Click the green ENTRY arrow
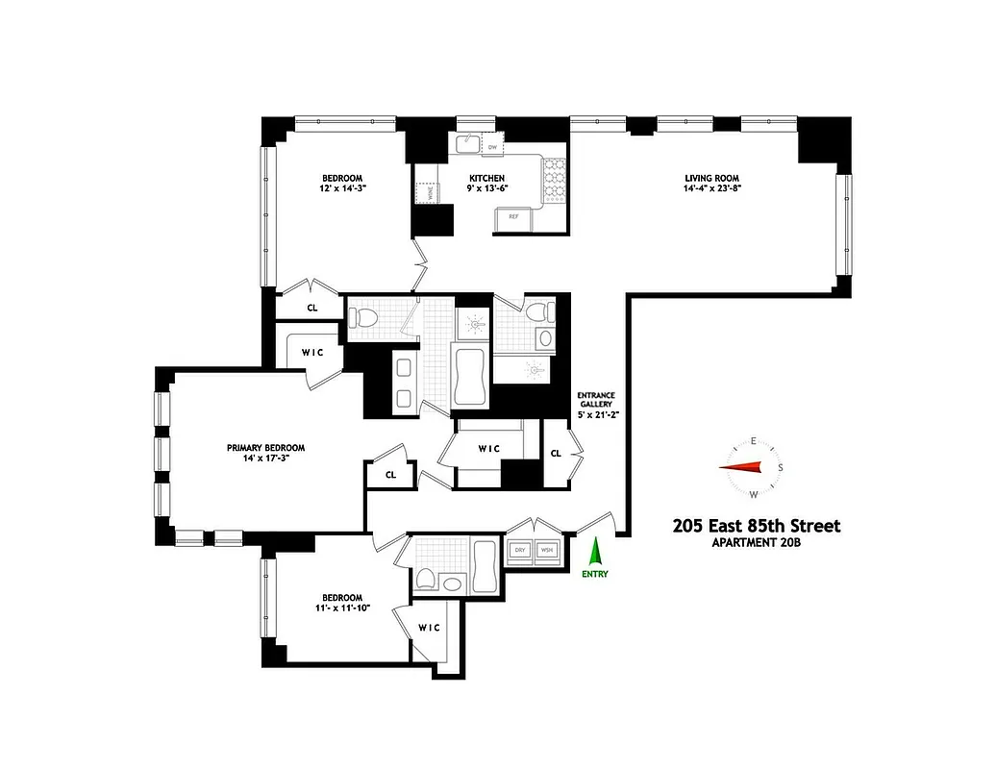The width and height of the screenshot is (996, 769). click(595, 552)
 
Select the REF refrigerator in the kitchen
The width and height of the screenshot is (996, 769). click(513, 218)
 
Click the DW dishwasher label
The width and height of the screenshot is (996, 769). click(492, 147)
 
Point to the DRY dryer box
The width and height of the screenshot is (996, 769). click(520, 551)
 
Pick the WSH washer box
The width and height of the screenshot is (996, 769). click(547, 551)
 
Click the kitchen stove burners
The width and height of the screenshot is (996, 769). click(557, 181)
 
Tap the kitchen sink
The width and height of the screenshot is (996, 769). click(466, 144)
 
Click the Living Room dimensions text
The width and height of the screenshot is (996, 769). click(711, 189)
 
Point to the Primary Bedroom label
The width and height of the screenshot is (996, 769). click(266, 448)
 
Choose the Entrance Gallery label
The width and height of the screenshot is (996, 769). click(596, 402)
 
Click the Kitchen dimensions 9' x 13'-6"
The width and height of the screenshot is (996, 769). click(486, 189)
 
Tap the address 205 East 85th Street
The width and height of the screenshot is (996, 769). click(756, 526)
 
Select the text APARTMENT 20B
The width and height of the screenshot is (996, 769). click(756, 544)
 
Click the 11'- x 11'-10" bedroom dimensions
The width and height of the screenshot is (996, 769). click(341, 608)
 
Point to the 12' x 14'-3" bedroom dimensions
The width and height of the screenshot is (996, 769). click(342, 189)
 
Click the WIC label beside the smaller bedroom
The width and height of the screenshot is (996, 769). click(429, 628)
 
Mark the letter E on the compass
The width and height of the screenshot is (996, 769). click(754, 441)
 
